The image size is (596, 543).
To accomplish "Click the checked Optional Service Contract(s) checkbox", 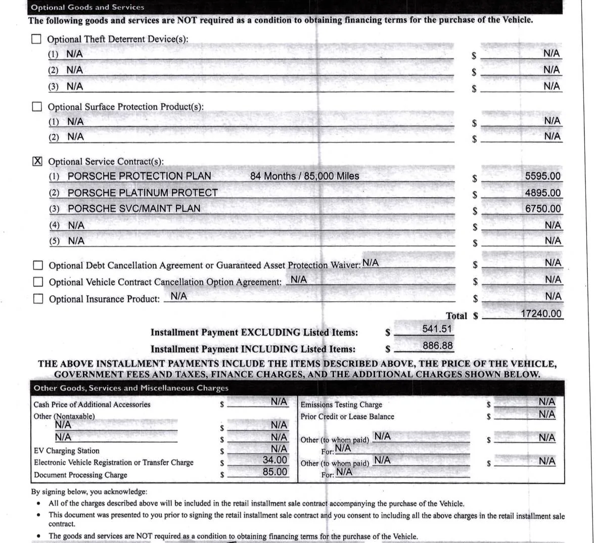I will (x=37, y=161).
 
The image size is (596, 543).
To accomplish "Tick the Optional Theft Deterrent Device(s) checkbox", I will (x=36, y=39).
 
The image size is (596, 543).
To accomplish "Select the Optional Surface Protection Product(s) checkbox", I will (x=37, y=107).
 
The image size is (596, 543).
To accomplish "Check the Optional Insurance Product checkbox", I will (x=38, y=298).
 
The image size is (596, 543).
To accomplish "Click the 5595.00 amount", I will (x=542, y=176).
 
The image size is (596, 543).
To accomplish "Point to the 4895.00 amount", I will (x=542, y=193).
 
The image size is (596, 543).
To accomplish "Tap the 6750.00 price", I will (x=542, y=208).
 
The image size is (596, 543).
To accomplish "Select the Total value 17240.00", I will (x=541, y=313).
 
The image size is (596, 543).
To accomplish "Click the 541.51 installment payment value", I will (x=437, y=329).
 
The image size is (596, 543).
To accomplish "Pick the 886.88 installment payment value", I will (x=437, y=346).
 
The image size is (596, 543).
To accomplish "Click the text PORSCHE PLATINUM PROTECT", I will (x=143, y=193).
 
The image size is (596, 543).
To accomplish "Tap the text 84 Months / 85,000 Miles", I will (x=304, y=176).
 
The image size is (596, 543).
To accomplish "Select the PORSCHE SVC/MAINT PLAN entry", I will (x=134, y=208).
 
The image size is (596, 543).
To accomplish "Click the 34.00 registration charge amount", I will (x=274, y=460).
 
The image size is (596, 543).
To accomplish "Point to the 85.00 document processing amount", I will (x=274, y=472).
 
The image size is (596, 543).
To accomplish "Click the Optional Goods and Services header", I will (x=87, y=7).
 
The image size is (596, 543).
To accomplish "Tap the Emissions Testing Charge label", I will (x=341, y=404).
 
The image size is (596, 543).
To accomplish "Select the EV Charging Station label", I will (x=66, y=450).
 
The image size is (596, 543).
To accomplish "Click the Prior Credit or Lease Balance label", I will (x=347, y=417).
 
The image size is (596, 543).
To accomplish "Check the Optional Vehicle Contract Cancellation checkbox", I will (x=38, y=282).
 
